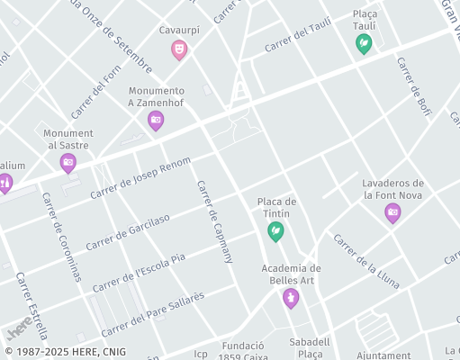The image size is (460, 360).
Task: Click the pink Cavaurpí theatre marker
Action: (x=179, y=49)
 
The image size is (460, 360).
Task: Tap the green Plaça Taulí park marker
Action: (x=364, y=42)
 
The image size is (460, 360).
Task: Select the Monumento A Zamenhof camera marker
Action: (x=156, y=120)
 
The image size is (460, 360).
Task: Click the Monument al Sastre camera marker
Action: (x=68, y=163)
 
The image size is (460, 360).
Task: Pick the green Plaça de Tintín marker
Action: (x=276, y=232)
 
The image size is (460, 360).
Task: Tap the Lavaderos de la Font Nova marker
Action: (x=392, y=212)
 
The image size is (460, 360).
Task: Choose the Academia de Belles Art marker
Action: (x=290, y=297)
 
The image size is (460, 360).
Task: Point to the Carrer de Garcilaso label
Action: (x=128, y=232)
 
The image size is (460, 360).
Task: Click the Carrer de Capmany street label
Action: (x=214, y=221)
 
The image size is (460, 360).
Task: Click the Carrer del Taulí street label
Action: (x=298, y=36)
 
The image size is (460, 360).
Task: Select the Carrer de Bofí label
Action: (x=414, y=87)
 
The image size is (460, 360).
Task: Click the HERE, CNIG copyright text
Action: (x=65, y=352)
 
